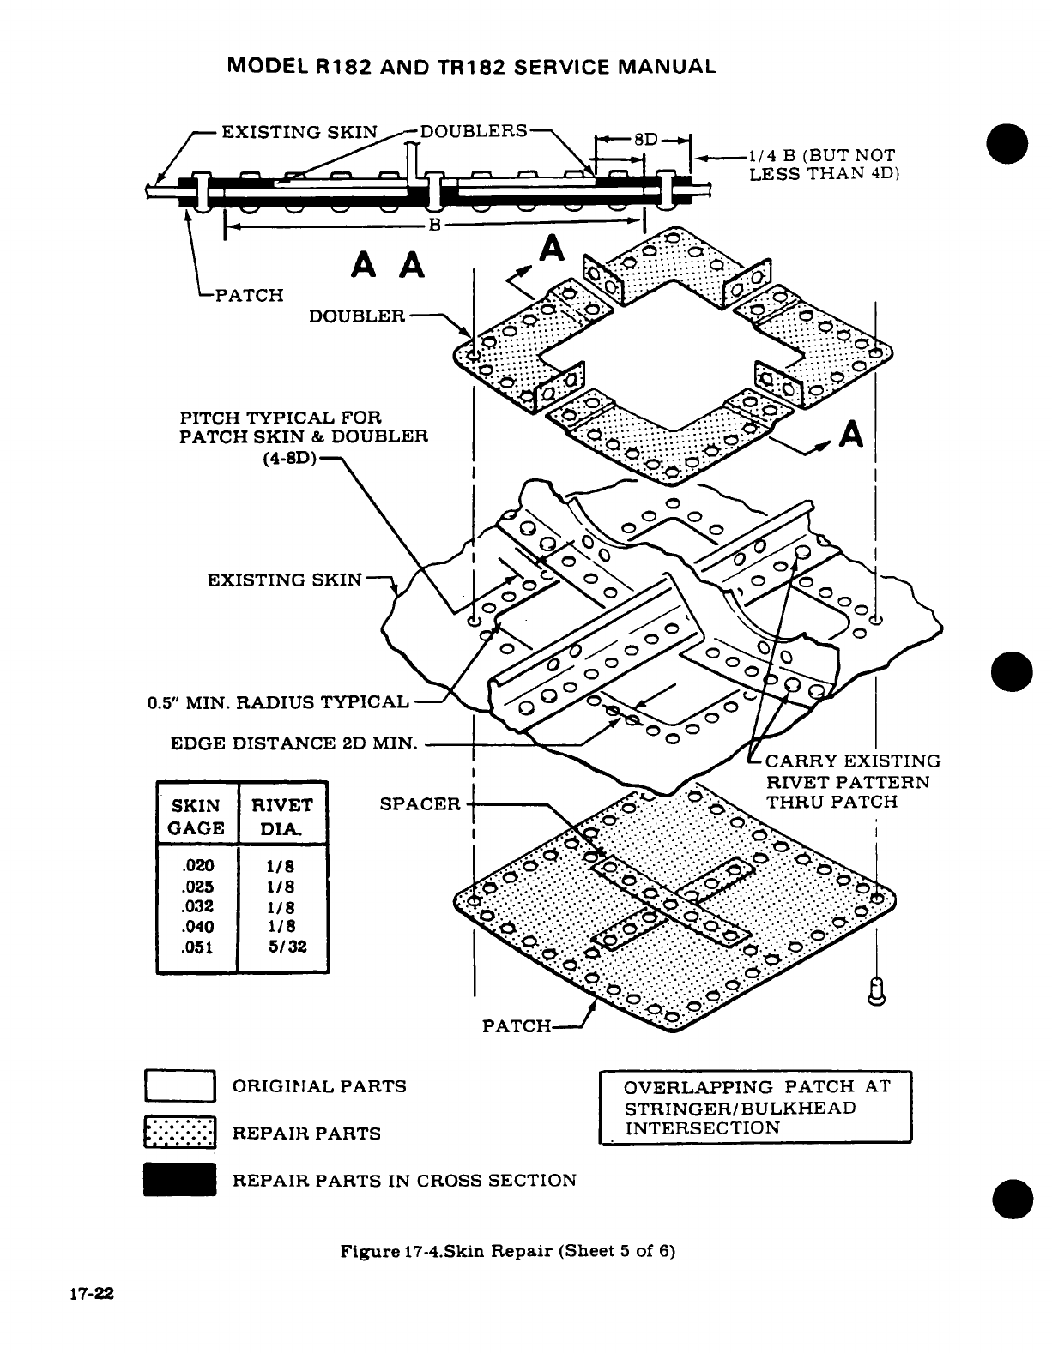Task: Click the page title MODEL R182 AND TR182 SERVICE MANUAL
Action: [x=471, y=67]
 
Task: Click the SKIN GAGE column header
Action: [x=196, y=816]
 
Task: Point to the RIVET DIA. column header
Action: [x=282, y=816]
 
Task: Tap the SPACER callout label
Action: [x=420, y=804]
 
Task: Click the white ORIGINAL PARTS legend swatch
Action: [x=178, y=1086]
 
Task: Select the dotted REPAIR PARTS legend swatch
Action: [x=178, y=1133]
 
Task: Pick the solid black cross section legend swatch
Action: [x=178, y=1180]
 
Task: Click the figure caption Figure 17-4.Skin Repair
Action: [x=508, y=1250]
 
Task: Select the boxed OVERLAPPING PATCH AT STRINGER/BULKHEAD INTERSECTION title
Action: [x=754, y=1107]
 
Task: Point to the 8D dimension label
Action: [x=644, y=137]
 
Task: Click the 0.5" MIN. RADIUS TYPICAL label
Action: [x=278, y=702]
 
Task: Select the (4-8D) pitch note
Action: [x=288, y=456]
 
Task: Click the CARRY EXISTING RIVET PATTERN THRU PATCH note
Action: [x=852, y=781]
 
